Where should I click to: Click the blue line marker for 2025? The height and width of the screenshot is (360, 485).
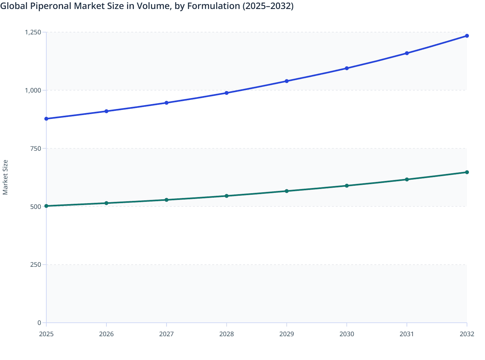[x=46, y=119]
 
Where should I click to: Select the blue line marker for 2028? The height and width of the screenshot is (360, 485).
[x=226, y=93]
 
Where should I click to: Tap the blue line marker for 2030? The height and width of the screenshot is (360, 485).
[x=347, y=68]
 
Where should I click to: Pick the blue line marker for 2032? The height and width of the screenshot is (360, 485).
[x=467, y=36]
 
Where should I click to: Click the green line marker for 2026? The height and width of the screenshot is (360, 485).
[x=106, y=203]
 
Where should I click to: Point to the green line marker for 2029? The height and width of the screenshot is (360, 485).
[x=287, y=191]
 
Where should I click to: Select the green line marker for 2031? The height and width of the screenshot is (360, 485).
[x=407, y=179]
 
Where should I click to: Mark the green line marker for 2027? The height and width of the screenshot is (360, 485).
[x=167, y=200]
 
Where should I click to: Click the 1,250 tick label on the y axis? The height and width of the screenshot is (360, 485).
[x=33, y=32]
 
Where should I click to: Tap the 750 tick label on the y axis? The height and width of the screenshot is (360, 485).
[x=36, y=148]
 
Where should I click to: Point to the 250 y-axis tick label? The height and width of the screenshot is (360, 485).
[x=36, y=265]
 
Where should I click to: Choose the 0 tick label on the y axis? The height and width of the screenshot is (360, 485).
[x=39, y=323]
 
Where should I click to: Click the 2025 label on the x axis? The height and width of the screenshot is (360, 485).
[x=46, y=334]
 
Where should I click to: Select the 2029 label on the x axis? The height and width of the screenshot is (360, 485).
[x=287, y=334]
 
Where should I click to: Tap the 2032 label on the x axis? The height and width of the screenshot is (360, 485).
[x=467, y=334]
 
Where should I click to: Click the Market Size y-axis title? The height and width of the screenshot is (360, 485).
[x=5, y=177]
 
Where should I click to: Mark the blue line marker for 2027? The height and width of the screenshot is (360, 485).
[x=167, y=103]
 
